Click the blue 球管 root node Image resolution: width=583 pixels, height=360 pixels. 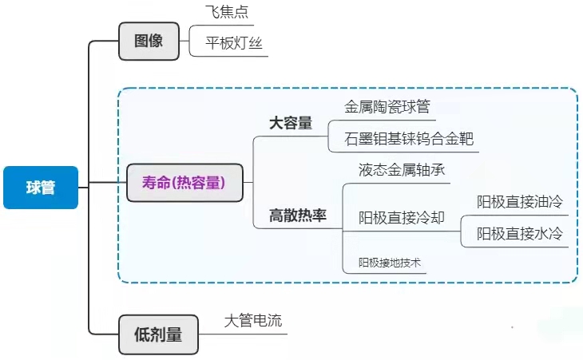(41, 188)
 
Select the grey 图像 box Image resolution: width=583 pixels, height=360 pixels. (149, 41)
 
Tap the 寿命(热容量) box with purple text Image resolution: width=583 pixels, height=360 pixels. (184, 183)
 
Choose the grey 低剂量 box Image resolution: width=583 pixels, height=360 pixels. (158, 334)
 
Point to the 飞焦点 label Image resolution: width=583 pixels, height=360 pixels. (227, 12)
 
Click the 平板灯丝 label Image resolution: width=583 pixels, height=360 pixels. (234, 43)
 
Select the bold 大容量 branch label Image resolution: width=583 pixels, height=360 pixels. (291, 123)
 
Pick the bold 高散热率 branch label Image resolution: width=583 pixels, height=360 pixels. (298, 216)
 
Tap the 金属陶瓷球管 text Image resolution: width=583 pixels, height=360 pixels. (387, 107)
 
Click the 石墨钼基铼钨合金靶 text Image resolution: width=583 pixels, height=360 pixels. (409, 139)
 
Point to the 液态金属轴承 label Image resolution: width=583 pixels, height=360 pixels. (402, 170)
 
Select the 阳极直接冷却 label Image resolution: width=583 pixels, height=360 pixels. (402, 218)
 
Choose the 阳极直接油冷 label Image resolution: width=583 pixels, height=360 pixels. (520, 202)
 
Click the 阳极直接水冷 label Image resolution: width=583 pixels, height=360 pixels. (520, 234)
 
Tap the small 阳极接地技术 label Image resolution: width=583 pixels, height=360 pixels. (390, 263)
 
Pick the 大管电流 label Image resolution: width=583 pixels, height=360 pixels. (253, 321)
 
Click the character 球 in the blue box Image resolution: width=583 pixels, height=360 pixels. (34, 188)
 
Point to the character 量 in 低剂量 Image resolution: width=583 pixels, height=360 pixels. (174, 334)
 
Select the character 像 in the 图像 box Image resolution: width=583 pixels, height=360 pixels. (156, 41)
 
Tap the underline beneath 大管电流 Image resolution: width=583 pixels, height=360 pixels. (243, 334)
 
